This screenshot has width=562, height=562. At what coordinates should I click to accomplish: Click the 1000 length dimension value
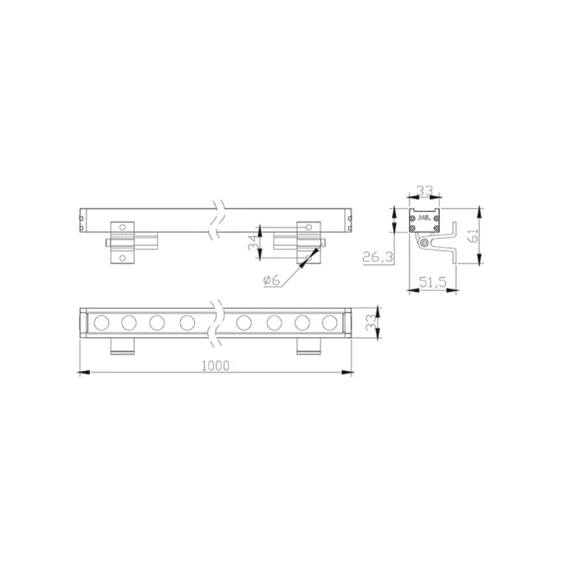(x=216, y=365)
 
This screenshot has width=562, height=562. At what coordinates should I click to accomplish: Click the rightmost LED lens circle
(x=329, y=322)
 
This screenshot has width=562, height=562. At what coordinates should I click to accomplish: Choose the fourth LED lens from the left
(x=187, y=322)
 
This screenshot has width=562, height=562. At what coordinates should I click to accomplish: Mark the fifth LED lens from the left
(x=244, y=322)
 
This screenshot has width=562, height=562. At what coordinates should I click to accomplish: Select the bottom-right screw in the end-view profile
(x=436, y=228)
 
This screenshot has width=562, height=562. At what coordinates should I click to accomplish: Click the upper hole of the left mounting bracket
(x=122, y=228)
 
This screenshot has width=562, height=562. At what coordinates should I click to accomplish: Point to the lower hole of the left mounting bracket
(x=122, y=258)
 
